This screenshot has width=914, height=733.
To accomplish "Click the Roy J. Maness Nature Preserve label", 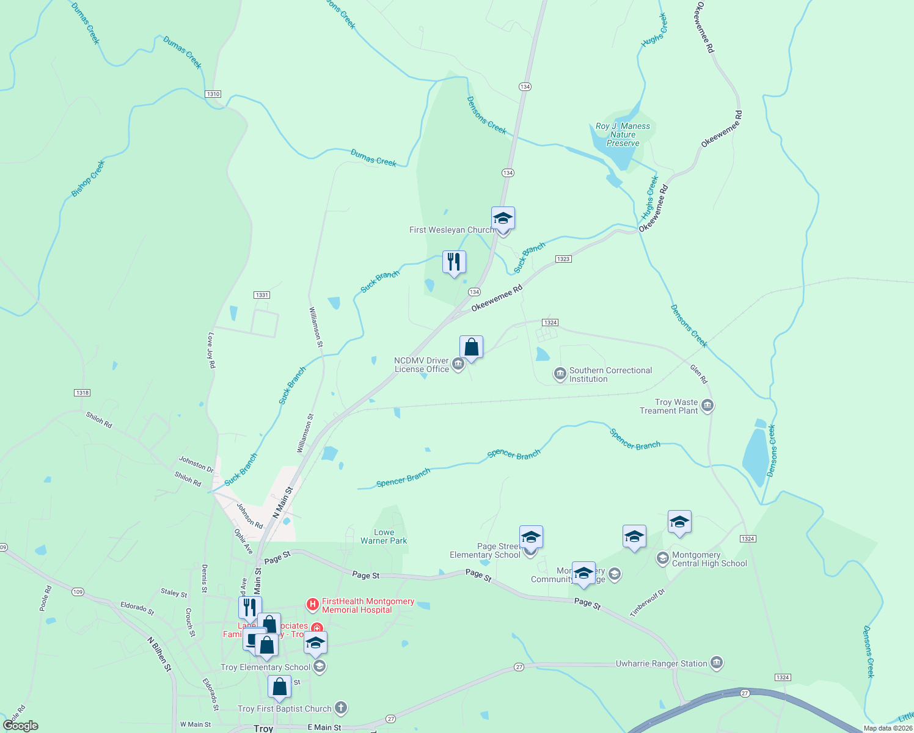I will tap(623, 134).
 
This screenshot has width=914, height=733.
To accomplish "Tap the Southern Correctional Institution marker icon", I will tap(560, 374).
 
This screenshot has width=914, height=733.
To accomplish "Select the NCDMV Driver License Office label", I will tap(422, 365).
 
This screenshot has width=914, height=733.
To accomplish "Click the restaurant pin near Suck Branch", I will tap(454, 263).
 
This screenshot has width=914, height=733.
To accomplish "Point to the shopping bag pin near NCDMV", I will tap(471, 348).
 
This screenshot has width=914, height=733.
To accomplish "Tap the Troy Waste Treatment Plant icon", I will tap(707, 406).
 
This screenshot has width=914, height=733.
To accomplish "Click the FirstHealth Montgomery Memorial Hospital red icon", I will tap(313, 605).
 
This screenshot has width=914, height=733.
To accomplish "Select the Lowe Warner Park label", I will tap(384, 536).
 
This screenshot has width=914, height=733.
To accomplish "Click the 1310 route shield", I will tap(213, 94).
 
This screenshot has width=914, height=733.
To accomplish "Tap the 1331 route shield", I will tap(261, 295).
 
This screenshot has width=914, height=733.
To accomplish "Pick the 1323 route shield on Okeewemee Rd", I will tap(563, 259).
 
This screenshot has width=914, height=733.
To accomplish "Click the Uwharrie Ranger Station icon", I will tap(717, 663).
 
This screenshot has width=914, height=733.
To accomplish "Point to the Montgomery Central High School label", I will tap(709, 559).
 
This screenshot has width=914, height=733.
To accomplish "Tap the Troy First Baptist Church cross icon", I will tap(341, 708).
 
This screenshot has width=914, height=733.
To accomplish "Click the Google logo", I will tap(21, 726).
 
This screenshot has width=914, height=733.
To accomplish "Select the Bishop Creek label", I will tap(88, 178).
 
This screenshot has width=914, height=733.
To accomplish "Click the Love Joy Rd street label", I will tap(211, 350).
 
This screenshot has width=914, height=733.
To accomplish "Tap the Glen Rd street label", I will tap(699, 374).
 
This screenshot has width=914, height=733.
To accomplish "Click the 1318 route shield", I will tap(82, 393).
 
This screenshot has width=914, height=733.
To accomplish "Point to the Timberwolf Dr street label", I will tap(648, 602).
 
